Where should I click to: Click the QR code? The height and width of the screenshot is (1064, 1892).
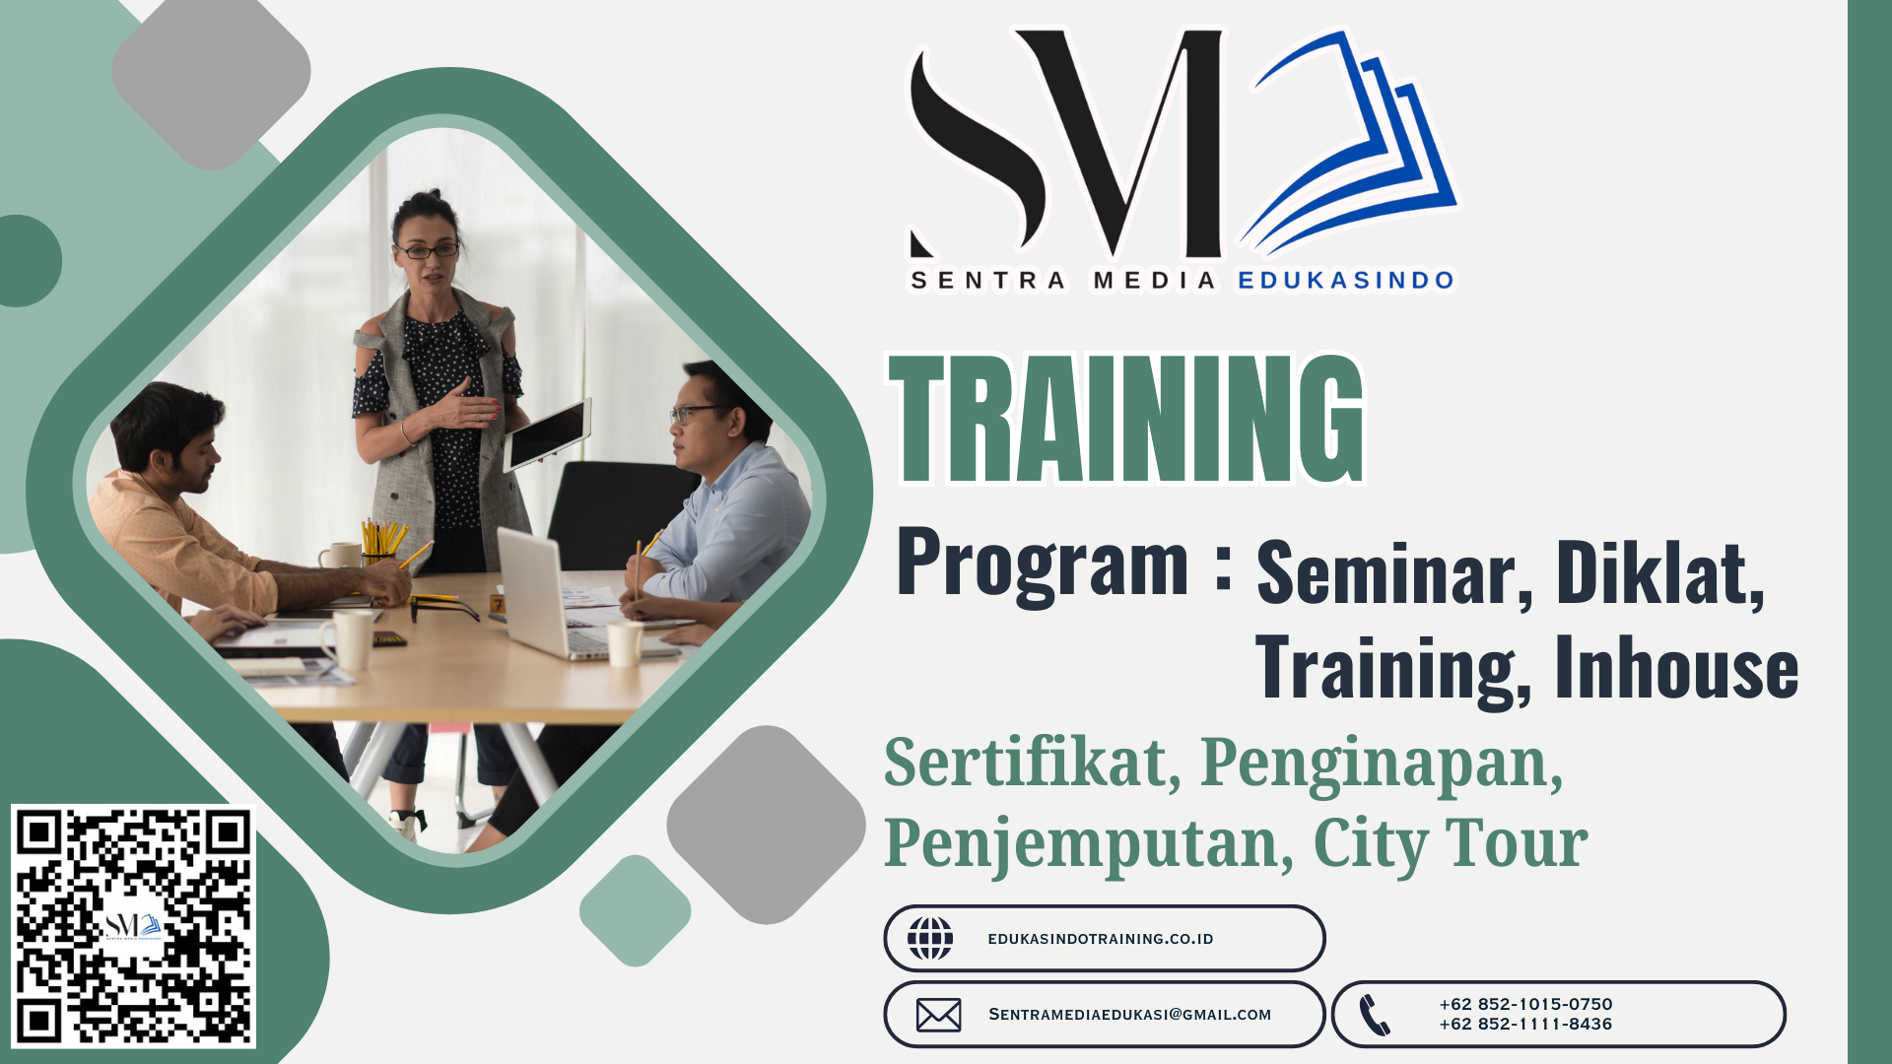[133, 926]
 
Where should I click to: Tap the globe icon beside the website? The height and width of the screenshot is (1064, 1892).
[930, 938]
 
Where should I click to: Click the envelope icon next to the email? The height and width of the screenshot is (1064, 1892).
[938, 1015]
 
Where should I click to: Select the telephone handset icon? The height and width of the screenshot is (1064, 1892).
[1375, 1015]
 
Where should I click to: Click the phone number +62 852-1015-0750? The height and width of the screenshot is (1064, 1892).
[1525, 1004]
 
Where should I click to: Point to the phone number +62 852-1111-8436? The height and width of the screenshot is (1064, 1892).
[1525, 1024]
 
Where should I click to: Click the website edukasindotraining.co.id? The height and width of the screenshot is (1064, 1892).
[1101, 939]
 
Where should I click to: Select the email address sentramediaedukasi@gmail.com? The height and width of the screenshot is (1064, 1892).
[1130, 1015]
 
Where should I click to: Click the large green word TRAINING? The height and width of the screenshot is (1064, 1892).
[1127, 419]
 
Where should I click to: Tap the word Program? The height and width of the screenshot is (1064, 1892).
[1043, 564]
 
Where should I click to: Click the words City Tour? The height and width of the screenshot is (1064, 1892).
[1451, 844]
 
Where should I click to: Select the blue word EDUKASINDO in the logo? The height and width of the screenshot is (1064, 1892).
[1346, 281]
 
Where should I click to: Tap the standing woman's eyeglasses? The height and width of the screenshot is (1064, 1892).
[427, 251]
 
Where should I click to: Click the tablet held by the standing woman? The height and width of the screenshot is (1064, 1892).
[548, 434]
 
